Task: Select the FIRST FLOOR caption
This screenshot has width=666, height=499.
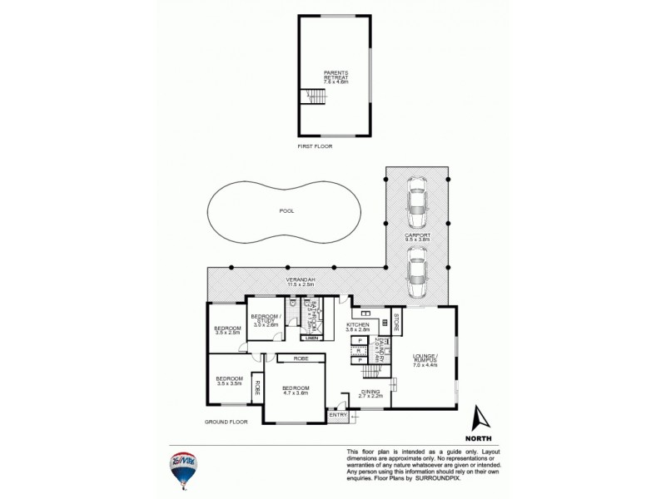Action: pos(316,146)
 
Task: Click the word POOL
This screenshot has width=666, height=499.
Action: pos(286,211)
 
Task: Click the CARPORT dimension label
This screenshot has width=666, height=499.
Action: pos(418,238)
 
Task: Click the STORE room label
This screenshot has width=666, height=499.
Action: pos(397,320)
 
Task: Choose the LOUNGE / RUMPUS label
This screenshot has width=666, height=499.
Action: pos(425,359)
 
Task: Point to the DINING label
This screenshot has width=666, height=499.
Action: pos(370,394)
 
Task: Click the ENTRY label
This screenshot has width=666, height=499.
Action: pos(338,414)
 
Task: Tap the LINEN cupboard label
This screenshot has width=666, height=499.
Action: pos(311,338)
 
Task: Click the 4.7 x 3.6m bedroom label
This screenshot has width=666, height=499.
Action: pos(296,391)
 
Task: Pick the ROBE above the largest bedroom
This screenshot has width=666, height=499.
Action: pos(296,358)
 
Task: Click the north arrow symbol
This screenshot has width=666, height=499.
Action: pos(479,420)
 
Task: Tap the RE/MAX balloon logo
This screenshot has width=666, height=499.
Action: pos(182,469)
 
